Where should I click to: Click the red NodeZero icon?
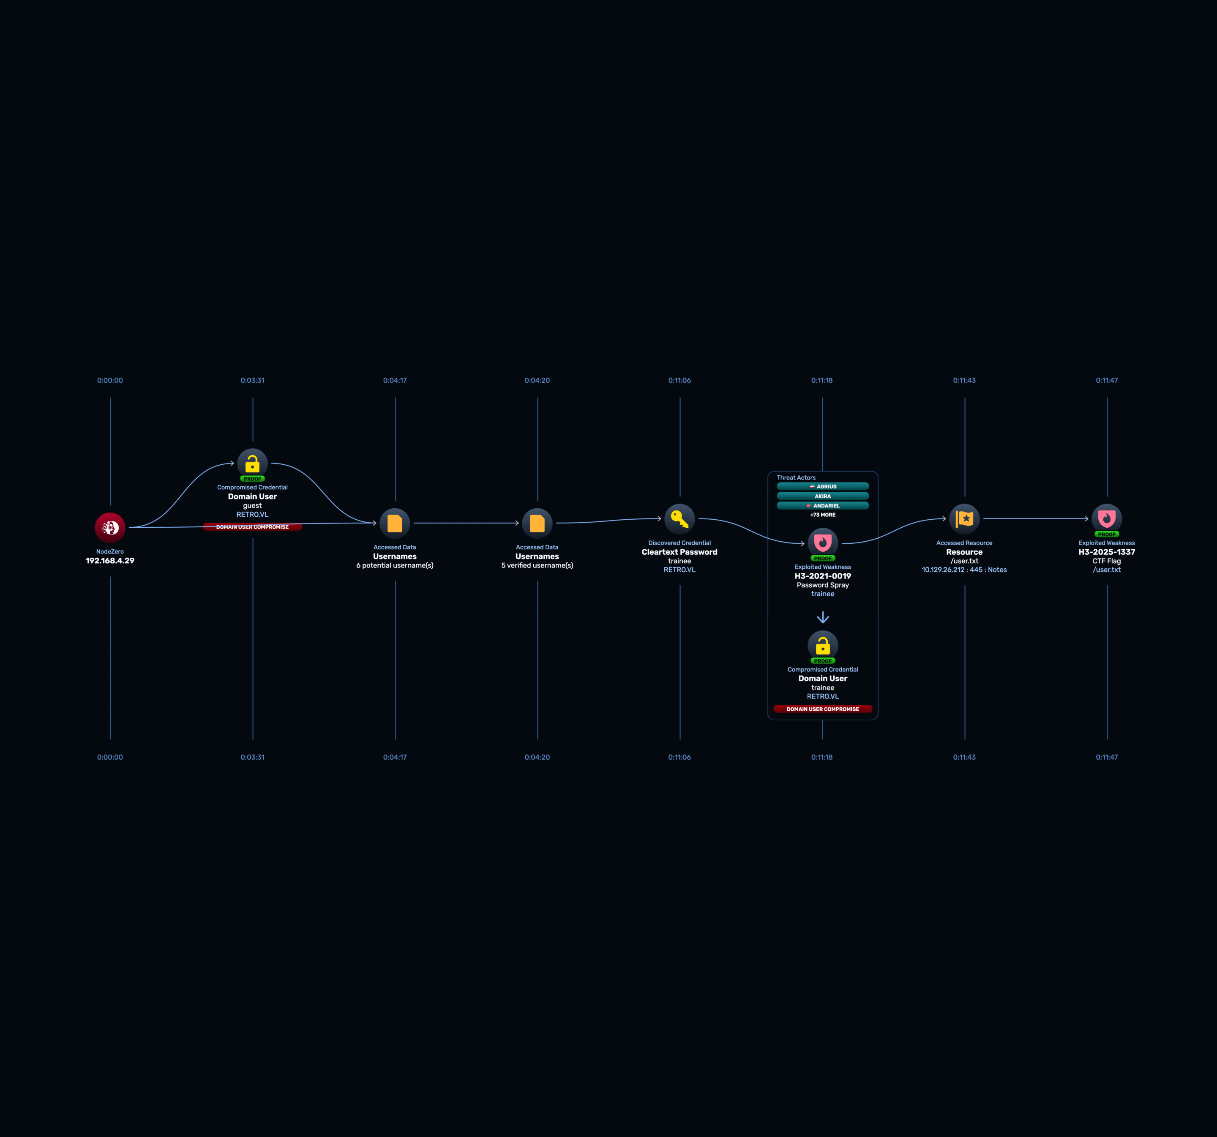coord(110,527)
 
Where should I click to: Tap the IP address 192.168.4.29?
coord(110,561)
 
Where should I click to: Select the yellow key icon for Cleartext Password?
coord(679,519)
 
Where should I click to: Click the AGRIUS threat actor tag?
coord(823,486)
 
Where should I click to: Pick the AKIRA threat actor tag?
coord(823,496)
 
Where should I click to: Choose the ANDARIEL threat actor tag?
coord(823,505)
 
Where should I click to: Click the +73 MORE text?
coord(823,515)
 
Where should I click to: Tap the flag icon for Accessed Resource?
coord(965,519)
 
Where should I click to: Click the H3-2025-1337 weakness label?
coord(1107,552)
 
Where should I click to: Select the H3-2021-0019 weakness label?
coord(823,576)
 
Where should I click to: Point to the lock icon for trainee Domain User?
coord(823,646)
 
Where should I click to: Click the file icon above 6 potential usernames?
coord(395,523)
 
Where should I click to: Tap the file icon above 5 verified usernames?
coord(538,523)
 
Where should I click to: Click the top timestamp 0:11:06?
coord(679,381)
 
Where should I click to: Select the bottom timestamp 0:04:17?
coord(395,757)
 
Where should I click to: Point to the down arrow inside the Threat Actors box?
coord(823,617)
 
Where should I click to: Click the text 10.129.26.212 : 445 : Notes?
coord(964,570)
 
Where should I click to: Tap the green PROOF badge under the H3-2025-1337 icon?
coord(1107,534)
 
